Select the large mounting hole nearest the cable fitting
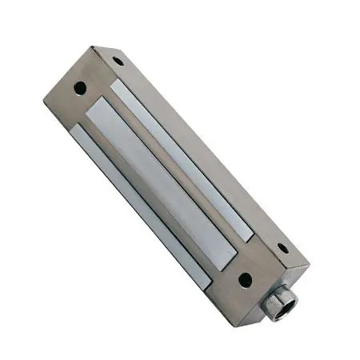[244, 279]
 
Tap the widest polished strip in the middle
[164, 176]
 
